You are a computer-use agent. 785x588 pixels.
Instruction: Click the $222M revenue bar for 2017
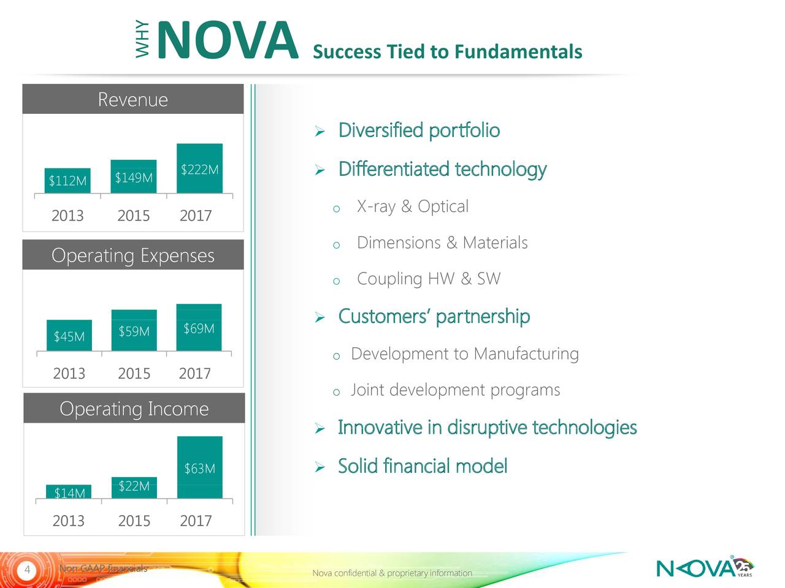tap(199, 168)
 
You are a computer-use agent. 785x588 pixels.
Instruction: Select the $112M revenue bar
tap(67, 181)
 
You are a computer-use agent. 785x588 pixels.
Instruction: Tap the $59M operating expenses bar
tap(134, 330)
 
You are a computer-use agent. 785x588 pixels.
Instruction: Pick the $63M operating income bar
tap(200, 467)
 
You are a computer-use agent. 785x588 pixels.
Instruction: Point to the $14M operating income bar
tap(69, 492)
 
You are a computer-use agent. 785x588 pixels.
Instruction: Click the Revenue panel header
tap(133, 99)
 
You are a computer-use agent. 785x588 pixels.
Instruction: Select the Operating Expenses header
tap(133, 255)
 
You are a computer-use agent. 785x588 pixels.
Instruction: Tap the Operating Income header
tap(134, 409)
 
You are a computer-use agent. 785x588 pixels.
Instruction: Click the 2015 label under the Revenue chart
tap(133, 216)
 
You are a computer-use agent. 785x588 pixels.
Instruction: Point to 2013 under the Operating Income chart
tap(68, 521)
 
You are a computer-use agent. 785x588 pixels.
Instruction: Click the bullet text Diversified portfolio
tap(419, 130)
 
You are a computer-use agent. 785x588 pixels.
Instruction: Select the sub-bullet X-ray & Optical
tap(412, 206)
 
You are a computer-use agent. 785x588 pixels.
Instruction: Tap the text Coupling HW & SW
tap(428, 279)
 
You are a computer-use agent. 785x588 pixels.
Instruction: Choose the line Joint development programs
tap(455, 390)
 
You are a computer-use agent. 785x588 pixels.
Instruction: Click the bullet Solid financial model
tap(423, 466)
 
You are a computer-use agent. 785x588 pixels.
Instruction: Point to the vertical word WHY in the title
tap(142, 40)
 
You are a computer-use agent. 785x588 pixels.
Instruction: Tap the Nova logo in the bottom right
tap(704, 568)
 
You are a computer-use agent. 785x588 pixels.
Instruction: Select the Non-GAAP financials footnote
tap(103, 569)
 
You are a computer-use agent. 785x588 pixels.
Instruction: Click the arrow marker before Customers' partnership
tap(319, 317)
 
